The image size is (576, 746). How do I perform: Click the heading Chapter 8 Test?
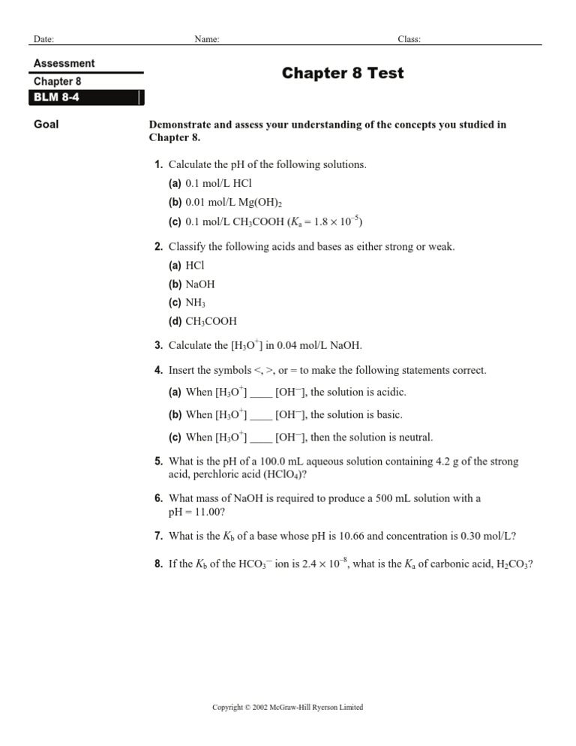click(343, 73)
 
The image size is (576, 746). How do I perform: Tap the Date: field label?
click(43, 39)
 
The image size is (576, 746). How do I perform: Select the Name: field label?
click(206, 39)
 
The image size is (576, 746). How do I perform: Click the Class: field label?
click(409, 39)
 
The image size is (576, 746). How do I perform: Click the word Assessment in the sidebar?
click(64, 64)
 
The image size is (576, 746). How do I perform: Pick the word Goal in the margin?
click(46, 125)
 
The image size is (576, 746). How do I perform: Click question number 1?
click(158, 164)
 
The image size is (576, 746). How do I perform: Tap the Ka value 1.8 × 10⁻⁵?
click(322, 221)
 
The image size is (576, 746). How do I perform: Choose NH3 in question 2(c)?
click(195, 303)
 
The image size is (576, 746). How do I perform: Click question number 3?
click(158, 346)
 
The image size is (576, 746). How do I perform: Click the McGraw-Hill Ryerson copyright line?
click(288, 708)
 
